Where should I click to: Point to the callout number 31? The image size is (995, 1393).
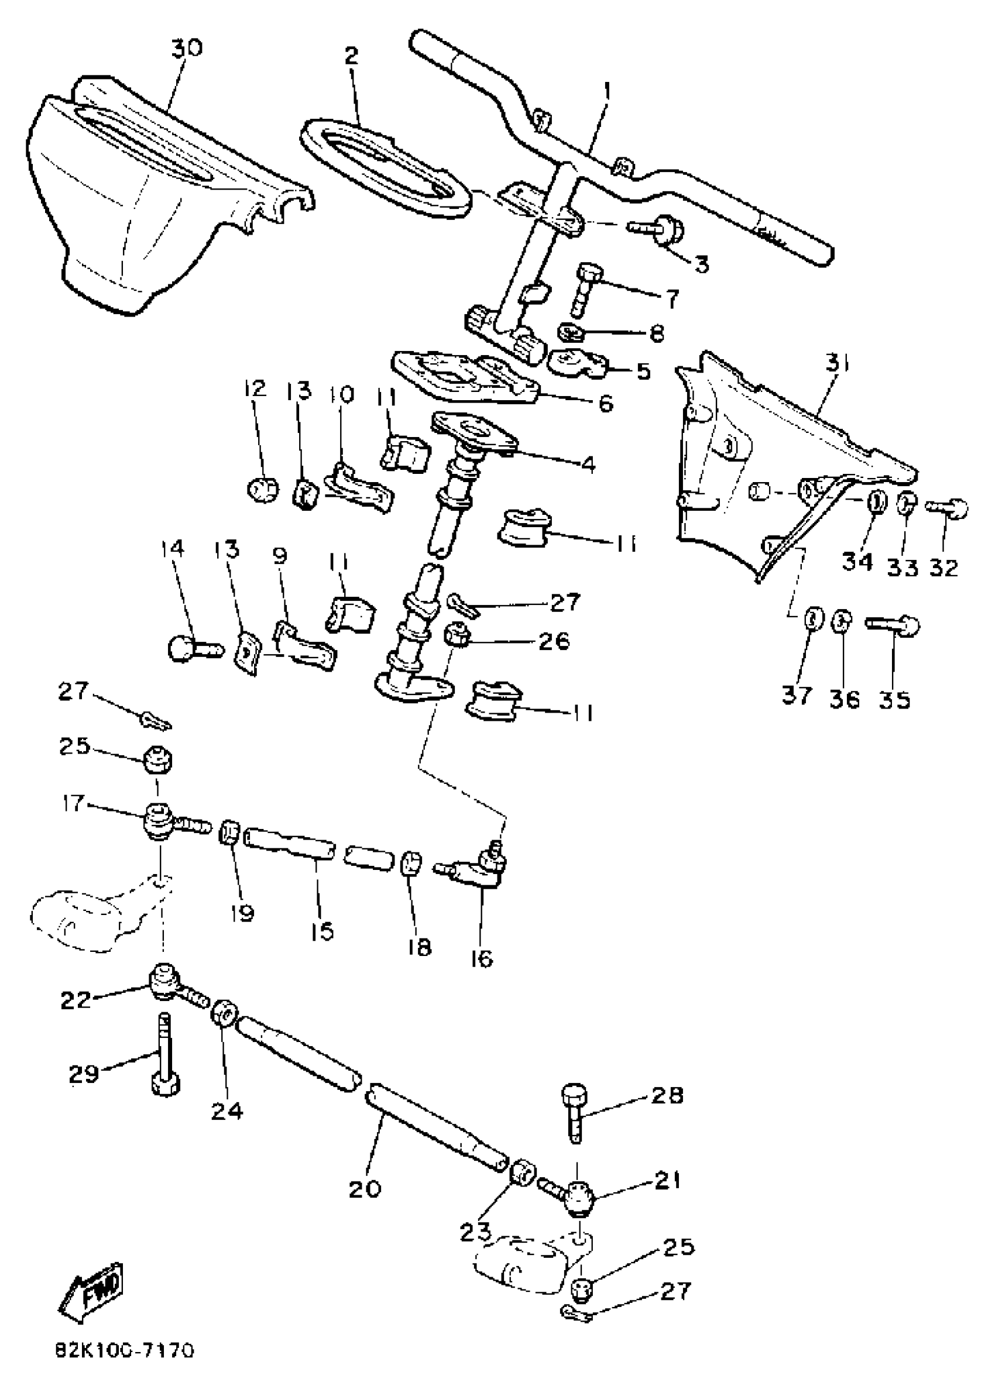[836, 366]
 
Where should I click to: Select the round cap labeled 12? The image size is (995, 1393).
[263, 489]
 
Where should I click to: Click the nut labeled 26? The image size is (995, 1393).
[455, 633]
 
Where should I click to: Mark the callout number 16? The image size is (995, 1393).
[482, 958]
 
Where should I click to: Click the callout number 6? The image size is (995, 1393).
[605, 404]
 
